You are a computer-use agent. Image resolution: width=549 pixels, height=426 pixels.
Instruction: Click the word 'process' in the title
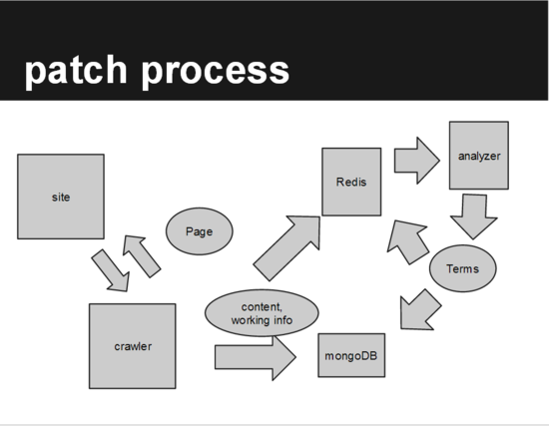[218, 72]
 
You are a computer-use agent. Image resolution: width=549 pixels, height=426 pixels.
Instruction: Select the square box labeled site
[61, 197]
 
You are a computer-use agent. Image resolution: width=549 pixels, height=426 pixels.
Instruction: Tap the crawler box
[133, 346]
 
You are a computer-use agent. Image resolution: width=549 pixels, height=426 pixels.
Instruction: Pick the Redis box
[351, 181]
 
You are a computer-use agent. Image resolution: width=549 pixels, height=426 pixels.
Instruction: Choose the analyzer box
[479, 156]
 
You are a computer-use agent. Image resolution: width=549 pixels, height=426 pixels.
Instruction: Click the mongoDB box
[352, 354]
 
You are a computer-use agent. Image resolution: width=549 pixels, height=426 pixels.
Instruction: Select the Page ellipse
[200, 230]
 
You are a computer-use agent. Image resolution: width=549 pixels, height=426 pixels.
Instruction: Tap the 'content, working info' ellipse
[262, 313]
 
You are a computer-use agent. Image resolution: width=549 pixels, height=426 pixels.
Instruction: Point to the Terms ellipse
[462, 268]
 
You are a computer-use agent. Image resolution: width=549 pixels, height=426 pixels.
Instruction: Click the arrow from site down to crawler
[111, 269]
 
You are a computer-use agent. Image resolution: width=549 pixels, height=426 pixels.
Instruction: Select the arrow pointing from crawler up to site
[141, 255]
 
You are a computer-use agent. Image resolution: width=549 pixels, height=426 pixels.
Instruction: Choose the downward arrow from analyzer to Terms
[473, 214]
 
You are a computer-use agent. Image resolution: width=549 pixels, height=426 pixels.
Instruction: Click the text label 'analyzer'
[479, 157]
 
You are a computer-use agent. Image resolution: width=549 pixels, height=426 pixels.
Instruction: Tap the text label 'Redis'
[351, 181]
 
